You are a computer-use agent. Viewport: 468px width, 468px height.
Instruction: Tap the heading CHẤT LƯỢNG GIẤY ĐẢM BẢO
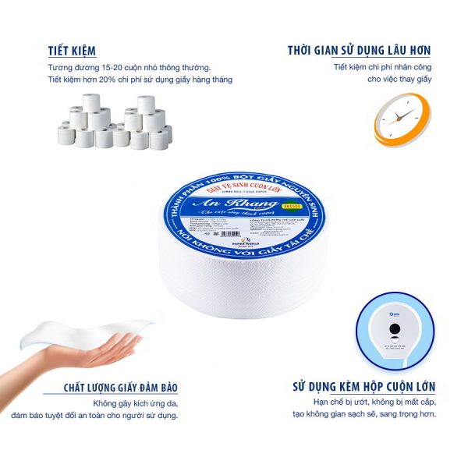(120, 388)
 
